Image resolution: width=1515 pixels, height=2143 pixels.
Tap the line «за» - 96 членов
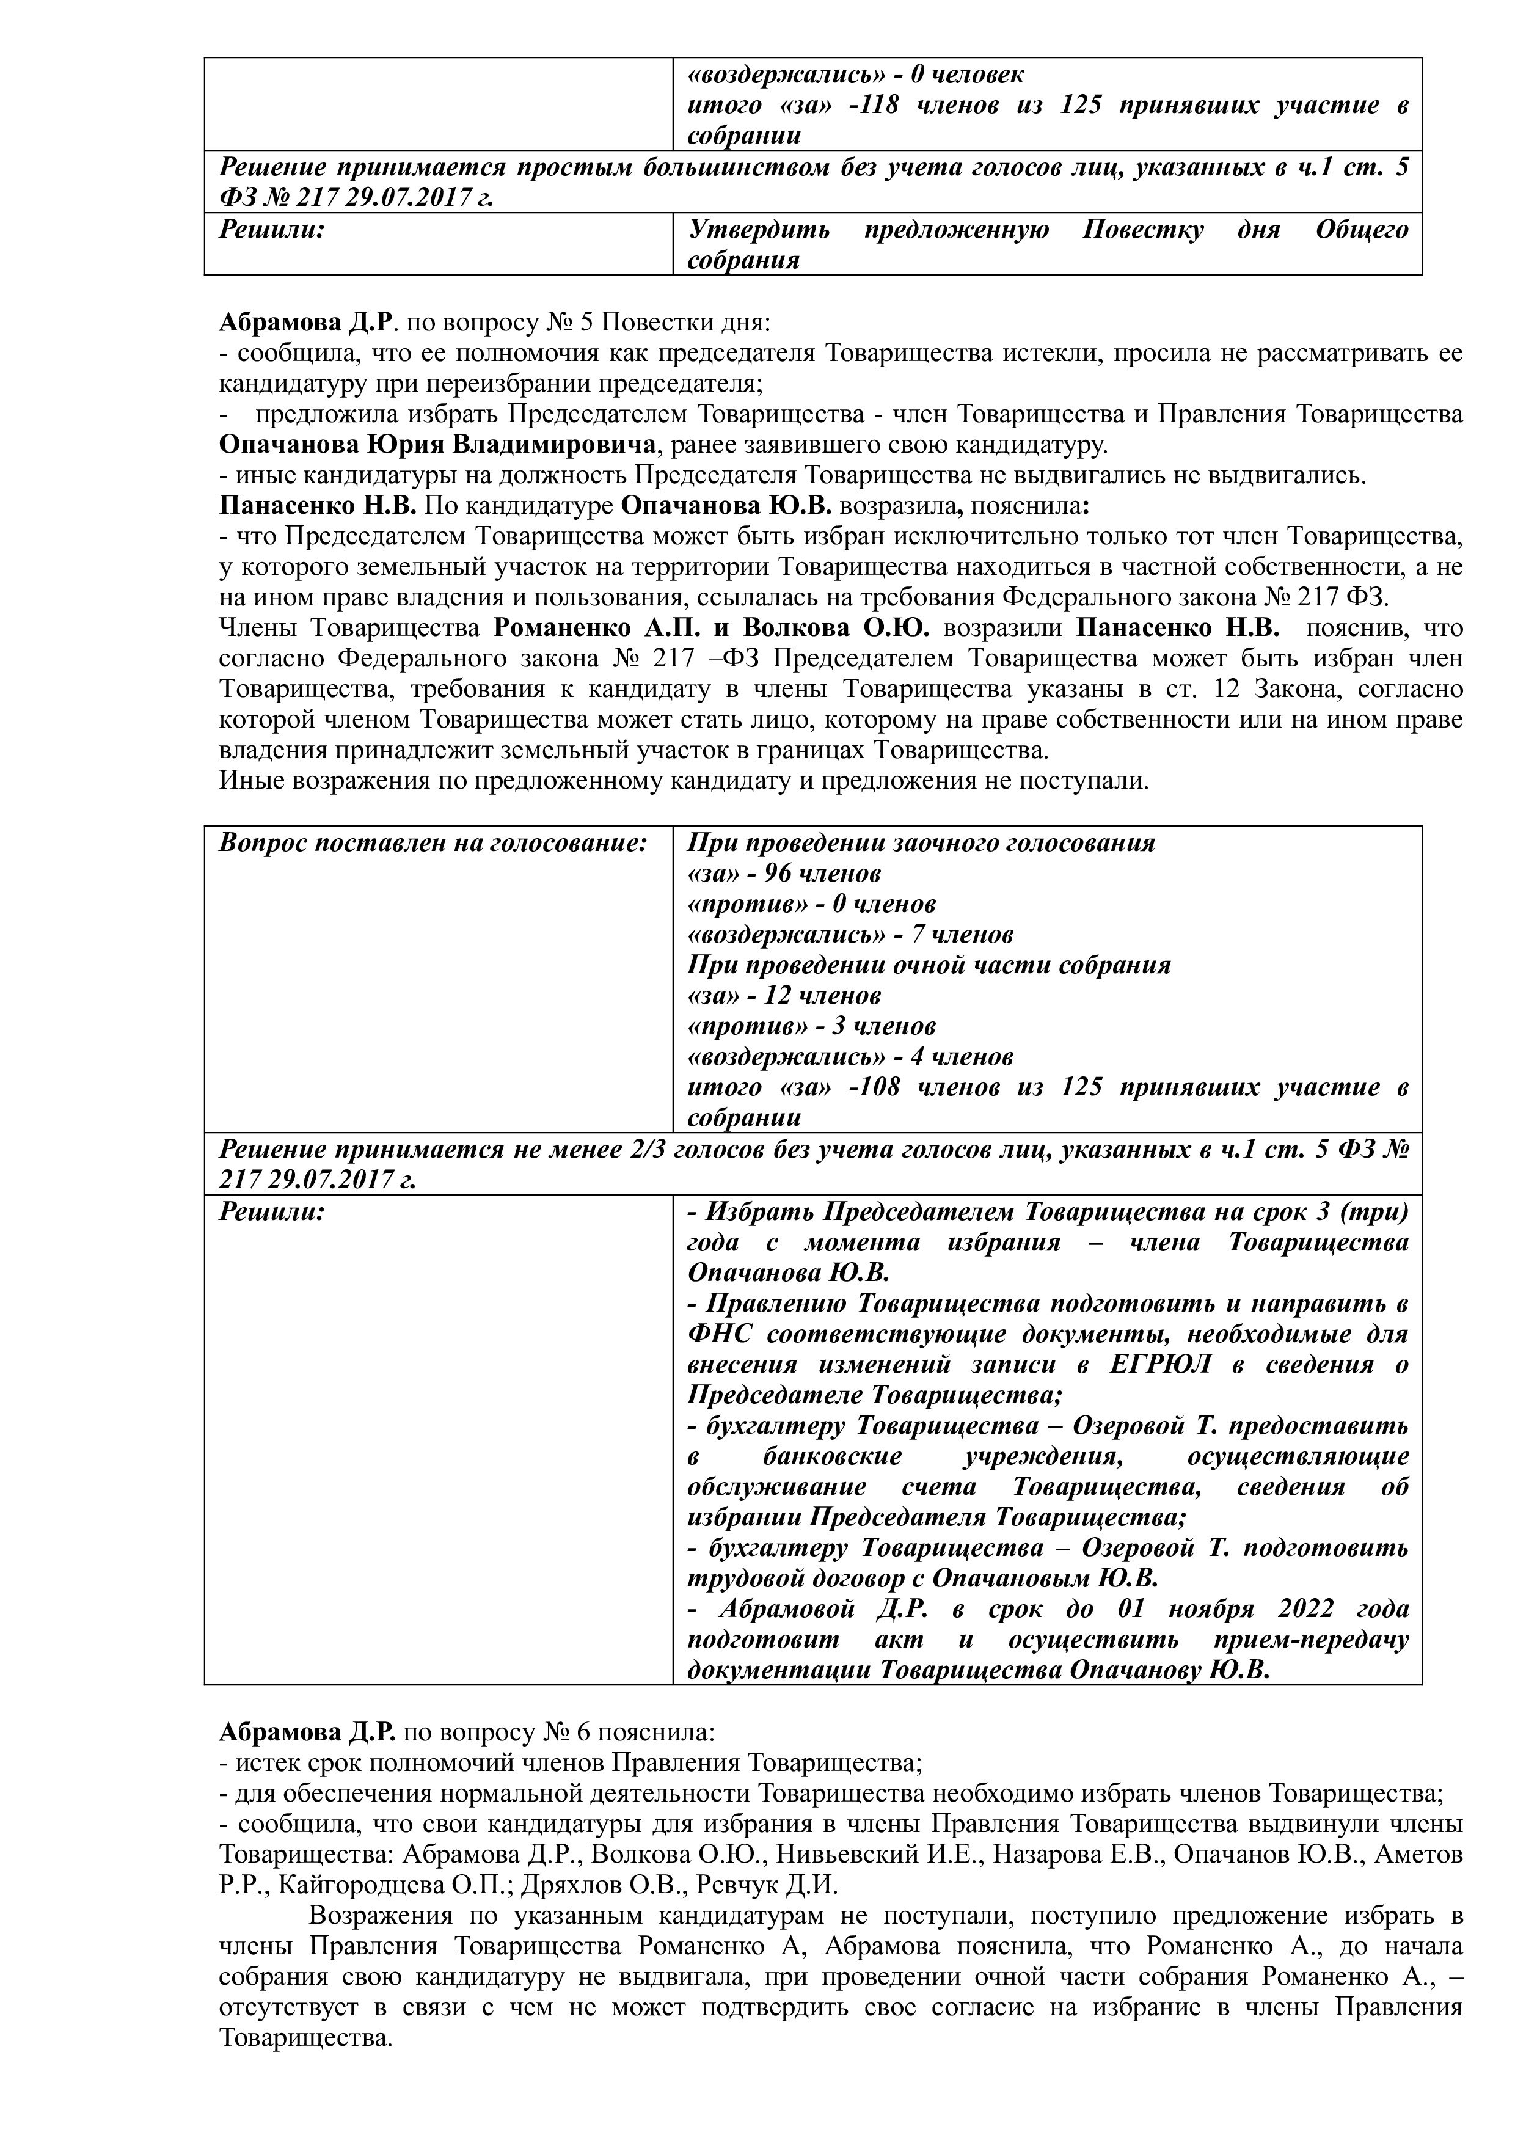point(784,874)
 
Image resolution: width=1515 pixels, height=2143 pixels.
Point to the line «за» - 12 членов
point(784,996)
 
